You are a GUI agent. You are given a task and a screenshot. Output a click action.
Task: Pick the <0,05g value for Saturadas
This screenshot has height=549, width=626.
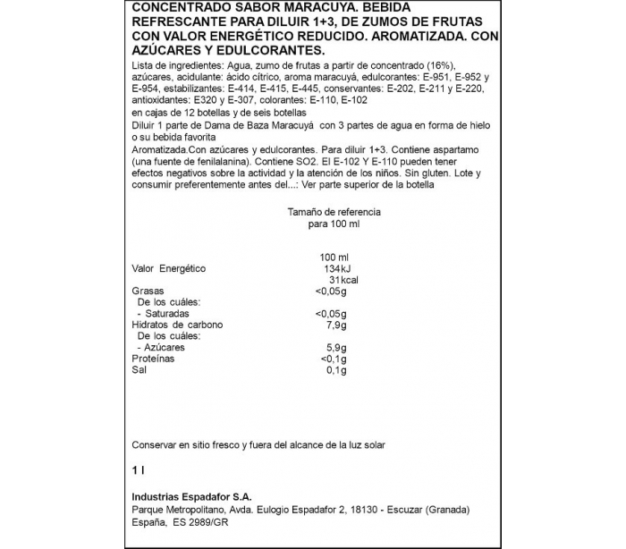point(330,314)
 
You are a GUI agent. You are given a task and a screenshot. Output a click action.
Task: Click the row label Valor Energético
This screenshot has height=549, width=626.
point(169,268)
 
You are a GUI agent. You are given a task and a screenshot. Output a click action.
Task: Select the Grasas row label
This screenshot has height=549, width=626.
point(147,291)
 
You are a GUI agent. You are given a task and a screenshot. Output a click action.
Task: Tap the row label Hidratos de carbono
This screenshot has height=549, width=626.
point(176,325)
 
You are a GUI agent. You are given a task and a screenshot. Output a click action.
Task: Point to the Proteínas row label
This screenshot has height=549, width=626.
point(153,359)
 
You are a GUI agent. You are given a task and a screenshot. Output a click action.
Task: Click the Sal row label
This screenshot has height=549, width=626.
point(139,369)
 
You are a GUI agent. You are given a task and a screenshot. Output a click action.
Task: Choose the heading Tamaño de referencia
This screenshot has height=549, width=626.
point(334,212)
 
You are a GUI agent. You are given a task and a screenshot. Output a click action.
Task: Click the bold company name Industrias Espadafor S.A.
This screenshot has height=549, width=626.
point(191,496)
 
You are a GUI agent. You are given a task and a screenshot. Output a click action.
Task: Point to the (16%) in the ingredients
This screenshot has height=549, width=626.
point(432,67)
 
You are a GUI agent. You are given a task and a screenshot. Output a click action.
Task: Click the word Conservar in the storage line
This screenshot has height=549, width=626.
point(155,444)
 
